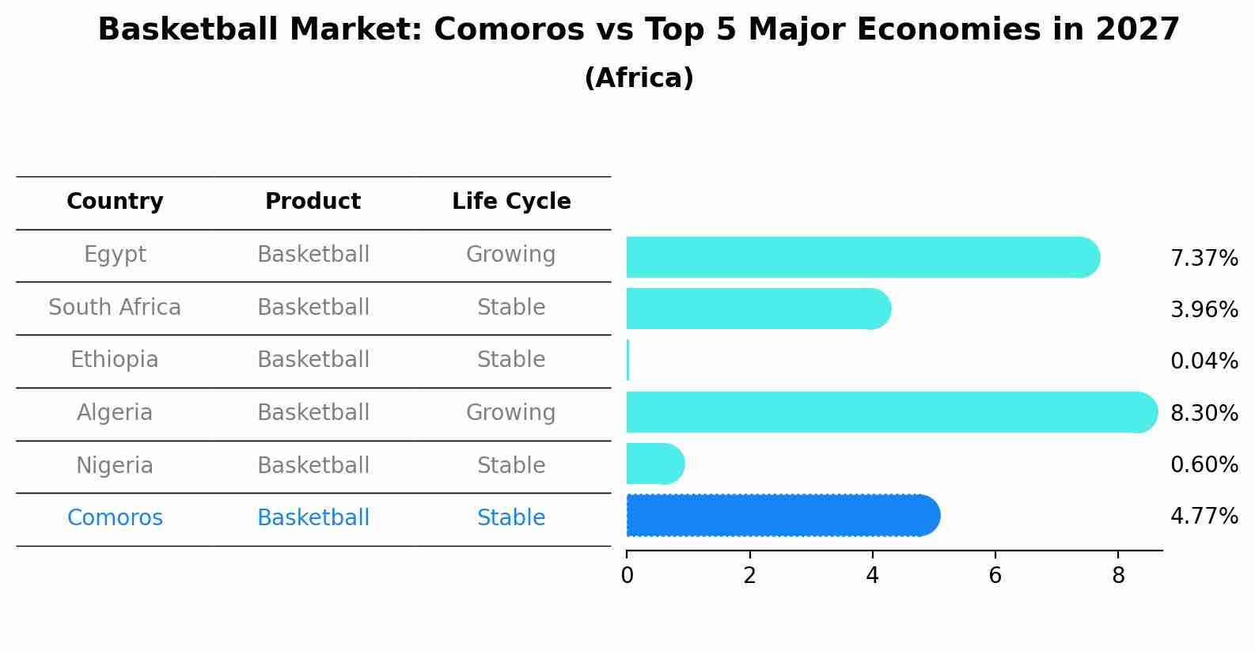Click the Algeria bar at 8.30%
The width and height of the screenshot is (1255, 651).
pyautogui.click(x=886, y=412)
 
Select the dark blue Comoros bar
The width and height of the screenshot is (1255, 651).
pyautogui.click(x=779, y=516)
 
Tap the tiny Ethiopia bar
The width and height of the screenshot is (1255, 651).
pyautogui.click(x=628, y=361)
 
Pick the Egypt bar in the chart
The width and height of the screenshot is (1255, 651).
pyautogui.click(x=859, y=257)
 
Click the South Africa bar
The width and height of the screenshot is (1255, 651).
pyautogui.click(x=756, y=308)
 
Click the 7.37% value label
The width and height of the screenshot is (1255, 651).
pyautogui.click(x=1204, y=259)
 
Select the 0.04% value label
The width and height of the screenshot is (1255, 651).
pyautogui.click(x=1204, y=361)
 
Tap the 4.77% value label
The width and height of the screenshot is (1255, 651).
pyautogui.click(x=1204, y=517)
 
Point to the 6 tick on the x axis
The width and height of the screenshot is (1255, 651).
pyautogui.click(x=995, y=576)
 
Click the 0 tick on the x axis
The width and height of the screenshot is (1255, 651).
pyautogui.click(x=627, y=576)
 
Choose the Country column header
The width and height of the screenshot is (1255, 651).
pyautogui.click(x=115, y=202)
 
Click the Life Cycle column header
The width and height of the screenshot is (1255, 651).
pyautogui.click(x=511, y=202)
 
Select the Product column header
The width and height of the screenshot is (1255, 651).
pyautogui.click(x=313, y=202)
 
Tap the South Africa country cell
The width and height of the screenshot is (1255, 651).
pyautogui.click(x=115, y=308)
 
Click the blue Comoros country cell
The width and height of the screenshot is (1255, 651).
pyautogui.click(x=115, y=518)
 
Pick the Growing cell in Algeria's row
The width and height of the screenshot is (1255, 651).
pyautogui.click(x=510, y=413)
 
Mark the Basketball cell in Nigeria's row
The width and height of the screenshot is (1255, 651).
pyautogui.click(x=313, y=465)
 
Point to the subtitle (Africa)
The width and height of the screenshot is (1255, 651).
pyautogui.click(x=639, y=78)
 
